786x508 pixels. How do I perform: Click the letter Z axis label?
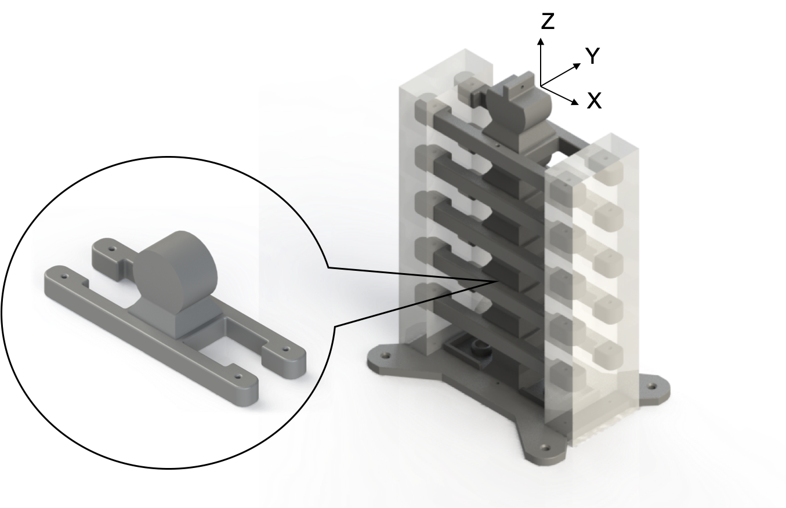coord(548,21)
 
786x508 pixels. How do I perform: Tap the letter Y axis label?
coord(593,56)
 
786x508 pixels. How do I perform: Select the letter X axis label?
coord(594,101)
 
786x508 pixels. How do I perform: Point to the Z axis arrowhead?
coord(541,41)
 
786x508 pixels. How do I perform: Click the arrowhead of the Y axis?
coord(577,66)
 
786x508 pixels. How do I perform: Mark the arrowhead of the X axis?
coord(575,102)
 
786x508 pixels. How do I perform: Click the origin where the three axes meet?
coord(541,86)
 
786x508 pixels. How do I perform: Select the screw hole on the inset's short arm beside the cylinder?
coord(112,249)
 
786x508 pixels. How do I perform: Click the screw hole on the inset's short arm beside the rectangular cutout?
coord(287,350)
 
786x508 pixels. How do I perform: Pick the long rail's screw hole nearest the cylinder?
coord(64,277)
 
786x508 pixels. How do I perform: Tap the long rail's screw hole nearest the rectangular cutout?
coord(238,376)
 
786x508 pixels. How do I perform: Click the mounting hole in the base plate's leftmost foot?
coord(386,355)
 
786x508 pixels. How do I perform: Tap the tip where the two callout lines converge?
coord(497,281)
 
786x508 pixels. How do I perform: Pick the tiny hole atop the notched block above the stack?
coord(523,85)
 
